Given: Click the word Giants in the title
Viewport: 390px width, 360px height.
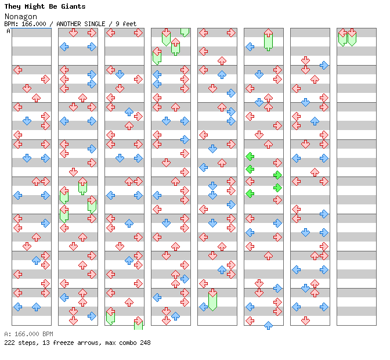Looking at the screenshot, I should tap(73, 6).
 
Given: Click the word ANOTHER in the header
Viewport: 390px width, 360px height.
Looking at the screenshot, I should tap(68, 24).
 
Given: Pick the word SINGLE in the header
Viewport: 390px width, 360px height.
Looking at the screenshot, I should tap(96, 24).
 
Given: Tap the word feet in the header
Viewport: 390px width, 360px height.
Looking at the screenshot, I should tap(129, 24).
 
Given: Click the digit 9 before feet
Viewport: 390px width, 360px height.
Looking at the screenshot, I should tap(117, 24).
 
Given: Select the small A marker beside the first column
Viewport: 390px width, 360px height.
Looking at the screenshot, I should tap(8, 31).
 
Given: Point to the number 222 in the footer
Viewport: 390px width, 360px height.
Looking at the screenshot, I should tap(9, 343).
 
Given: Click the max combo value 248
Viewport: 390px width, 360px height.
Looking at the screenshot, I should tap(145, 343).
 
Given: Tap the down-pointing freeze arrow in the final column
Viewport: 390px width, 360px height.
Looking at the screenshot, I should tap(352, 36).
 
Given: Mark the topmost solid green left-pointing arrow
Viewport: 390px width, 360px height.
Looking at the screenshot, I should tap(250, 156).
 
